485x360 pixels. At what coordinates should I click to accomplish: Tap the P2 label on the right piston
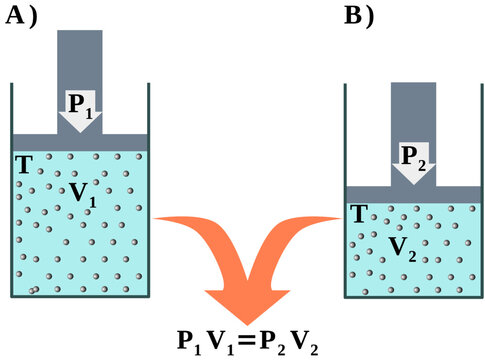click(x=415, y=155)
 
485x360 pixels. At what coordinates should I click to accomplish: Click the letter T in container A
click(x=23, y=163)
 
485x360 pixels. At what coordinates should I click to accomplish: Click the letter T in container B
click(x=357, y=213)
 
